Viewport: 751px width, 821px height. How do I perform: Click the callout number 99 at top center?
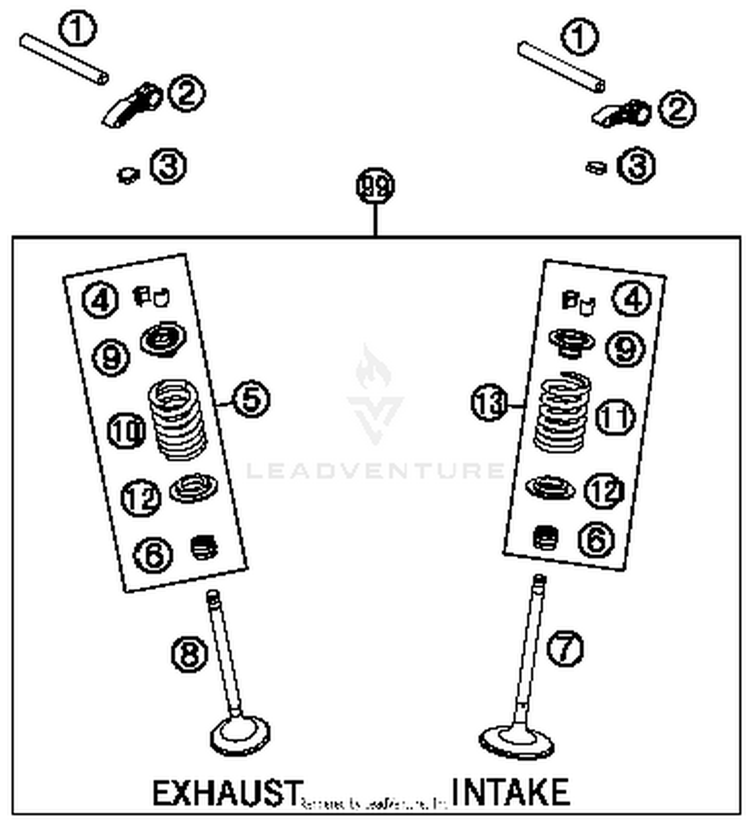coord(375,186)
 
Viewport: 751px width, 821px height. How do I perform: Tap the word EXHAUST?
coord(227,793)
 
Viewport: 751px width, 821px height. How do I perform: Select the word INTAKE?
coord(510,792)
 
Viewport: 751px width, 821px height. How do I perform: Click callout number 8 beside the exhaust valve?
coord(189,654)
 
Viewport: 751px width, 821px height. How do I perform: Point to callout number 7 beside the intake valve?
coord(565,648)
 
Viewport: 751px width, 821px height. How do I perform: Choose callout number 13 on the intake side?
coord(489,402)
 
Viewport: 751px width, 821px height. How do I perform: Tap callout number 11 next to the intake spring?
coord(615,417)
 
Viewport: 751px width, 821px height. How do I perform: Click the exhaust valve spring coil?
coord(178,420)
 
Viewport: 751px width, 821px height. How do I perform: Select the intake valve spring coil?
coord(562,413)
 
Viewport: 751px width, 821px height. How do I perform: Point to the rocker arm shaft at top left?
coord(64,59)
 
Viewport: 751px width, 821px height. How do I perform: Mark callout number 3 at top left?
coord(168,166)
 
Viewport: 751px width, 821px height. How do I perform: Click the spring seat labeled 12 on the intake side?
coord(550,487)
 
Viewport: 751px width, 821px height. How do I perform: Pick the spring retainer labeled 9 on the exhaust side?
coord(163,338)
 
